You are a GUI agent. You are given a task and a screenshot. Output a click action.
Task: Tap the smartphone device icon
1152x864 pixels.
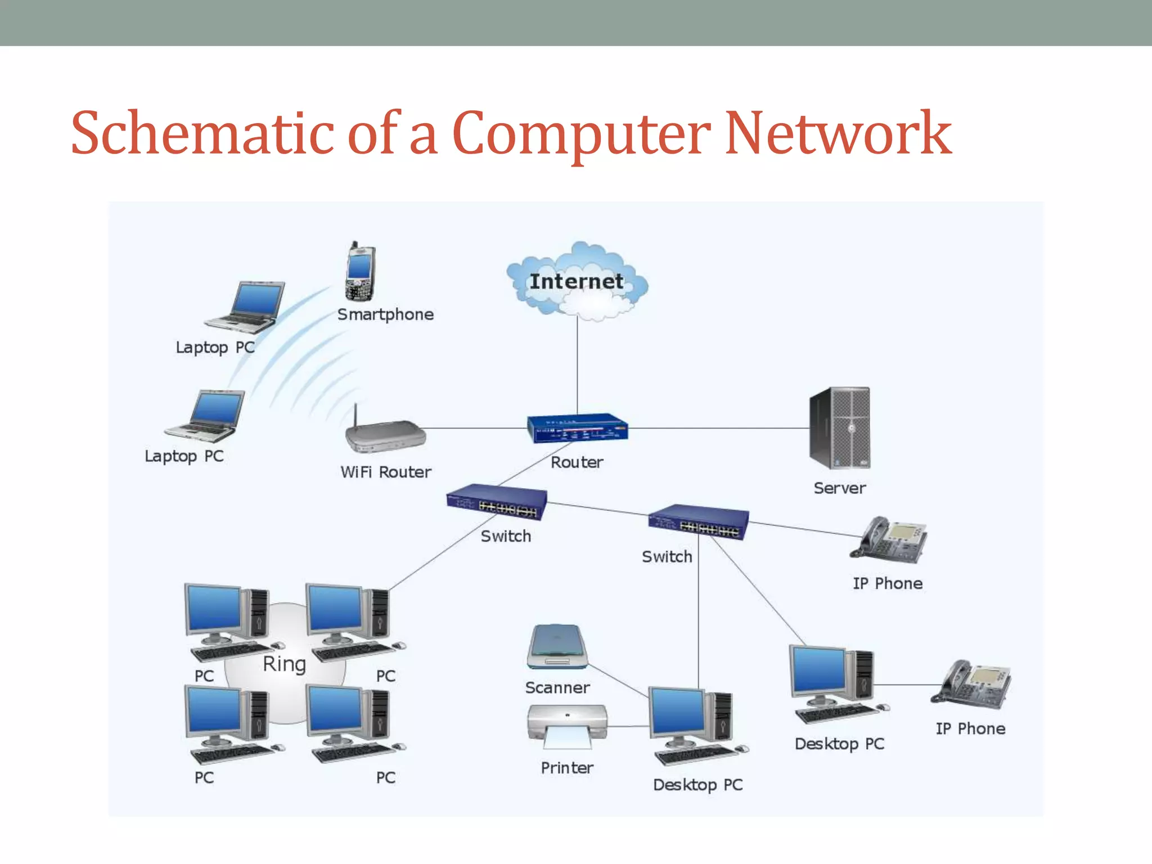point(359,272)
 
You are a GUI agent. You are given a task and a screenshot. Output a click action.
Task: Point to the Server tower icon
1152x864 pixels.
point(840,428)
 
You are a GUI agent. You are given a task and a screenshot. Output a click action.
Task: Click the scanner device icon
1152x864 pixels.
point(557,647)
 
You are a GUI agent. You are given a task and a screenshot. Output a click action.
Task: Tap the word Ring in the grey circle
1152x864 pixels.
point(284,664)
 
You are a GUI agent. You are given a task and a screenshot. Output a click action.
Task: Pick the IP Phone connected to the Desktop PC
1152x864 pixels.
point(971,685)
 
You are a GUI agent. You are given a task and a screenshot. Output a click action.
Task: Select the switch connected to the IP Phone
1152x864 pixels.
point(699,522)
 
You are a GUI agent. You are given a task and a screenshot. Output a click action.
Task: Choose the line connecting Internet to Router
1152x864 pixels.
point(577,366)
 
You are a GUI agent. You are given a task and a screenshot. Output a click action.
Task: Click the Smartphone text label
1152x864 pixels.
point(385,314)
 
